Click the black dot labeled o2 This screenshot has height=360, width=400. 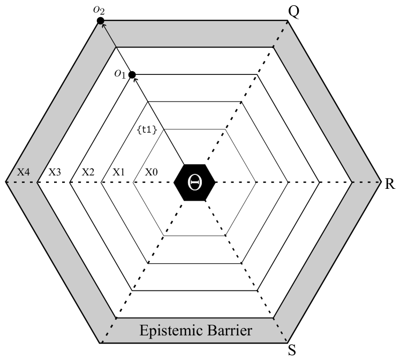(101, 21)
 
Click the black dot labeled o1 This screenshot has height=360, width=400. (132, 75)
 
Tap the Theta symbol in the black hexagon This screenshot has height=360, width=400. (194, 182)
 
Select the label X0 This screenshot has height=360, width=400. (152, 172)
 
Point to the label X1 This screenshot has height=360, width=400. (119, 172)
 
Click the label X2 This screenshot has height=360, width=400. (88, 172)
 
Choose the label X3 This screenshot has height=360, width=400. (55, 172)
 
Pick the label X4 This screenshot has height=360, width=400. (23, 172)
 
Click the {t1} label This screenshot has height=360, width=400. (147, 130)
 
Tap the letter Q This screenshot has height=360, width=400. (293, 11)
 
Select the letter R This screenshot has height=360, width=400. (390, 183)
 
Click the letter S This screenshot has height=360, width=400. (292, 350)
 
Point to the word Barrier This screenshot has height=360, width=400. (230, 330)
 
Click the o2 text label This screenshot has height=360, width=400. (99, 10)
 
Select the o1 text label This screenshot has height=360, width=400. (120, 74)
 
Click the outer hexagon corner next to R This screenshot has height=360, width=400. (381, 182)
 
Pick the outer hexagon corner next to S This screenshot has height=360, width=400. (288, 343)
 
